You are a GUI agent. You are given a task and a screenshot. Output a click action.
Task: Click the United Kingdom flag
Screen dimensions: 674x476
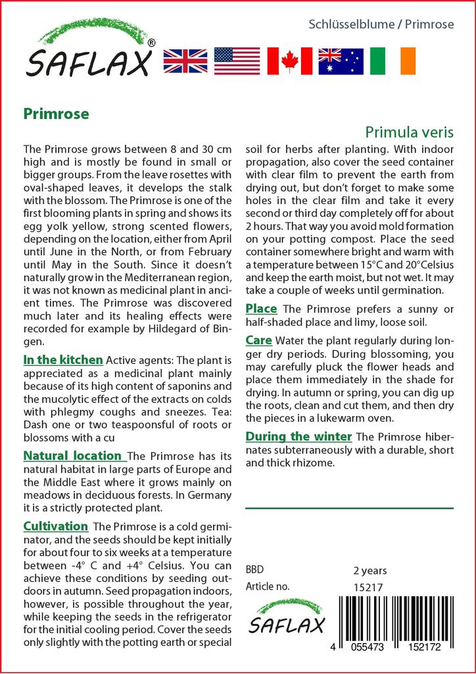185,61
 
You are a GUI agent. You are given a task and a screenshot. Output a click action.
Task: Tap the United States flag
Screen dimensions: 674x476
237,61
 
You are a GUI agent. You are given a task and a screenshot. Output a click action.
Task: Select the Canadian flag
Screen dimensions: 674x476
289,61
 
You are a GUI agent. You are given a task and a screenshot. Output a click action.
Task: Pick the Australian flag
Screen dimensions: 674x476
341,61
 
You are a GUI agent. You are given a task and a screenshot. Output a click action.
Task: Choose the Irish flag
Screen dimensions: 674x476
393,61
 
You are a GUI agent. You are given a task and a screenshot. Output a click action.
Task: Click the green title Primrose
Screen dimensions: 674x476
56,113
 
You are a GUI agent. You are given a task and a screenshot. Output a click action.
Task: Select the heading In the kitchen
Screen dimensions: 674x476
63,360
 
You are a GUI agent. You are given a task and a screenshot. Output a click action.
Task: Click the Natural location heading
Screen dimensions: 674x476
73,455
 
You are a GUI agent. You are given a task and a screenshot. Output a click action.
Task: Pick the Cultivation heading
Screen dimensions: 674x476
56,527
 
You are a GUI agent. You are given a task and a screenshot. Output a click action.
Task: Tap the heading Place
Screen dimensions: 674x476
261,309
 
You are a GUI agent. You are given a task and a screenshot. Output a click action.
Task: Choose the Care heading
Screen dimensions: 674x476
259,340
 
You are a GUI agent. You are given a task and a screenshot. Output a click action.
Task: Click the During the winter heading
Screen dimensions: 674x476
298,436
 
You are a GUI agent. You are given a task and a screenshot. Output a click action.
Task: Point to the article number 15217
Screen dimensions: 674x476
368,586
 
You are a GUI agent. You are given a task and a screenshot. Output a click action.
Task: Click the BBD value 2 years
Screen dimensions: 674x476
370,570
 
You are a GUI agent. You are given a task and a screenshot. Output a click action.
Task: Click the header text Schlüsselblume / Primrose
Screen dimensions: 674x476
381,24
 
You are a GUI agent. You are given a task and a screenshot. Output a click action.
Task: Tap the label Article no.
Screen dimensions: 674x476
268,586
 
